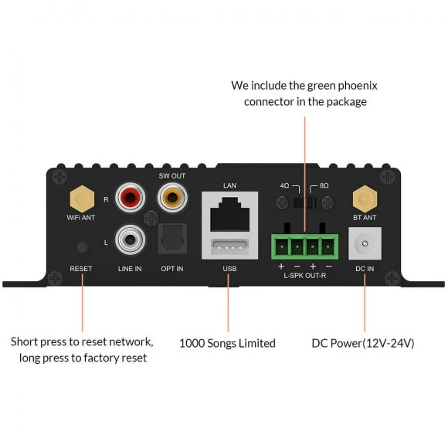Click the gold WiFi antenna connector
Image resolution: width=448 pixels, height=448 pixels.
coord(82,199)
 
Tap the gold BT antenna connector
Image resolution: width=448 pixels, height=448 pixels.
coord(365,199)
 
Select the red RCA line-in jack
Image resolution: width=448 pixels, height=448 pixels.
coord(130,198)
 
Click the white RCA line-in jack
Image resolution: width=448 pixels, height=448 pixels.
coord(130,239)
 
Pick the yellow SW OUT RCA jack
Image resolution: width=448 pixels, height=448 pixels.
coord(172,198)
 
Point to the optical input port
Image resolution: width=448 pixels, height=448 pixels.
coord(172,239)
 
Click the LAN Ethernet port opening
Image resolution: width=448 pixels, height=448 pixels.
coord(229,214)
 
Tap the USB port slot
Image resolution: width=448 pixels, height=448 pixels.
coord(229,247)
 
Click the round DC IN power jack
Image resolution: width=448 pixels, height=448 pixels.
coord(365,243)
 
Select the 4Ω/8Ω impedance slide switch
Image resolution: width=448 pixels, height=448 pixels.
coord(304,202)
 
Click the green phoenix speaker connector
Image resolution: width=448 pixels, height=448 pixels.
coord(304,246)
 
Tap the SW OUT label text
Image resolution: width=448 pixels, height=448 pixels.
coord(172,175)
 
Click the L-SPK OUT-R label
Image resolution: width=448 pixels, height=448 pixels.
coord(304,276)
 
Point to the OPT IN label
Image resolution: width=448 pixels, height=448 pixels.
coord(172,269)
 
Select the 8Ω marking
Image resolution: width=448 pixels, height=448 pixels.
coord(324,185)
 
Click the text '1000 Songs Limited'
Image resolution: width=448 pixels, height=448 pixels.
coord(227,343)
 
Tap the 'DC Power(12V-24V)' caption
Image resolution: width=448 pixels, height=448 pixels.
coord(363,343)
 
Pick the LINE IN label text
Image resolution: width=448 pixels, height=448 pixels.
coord(130,269)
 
